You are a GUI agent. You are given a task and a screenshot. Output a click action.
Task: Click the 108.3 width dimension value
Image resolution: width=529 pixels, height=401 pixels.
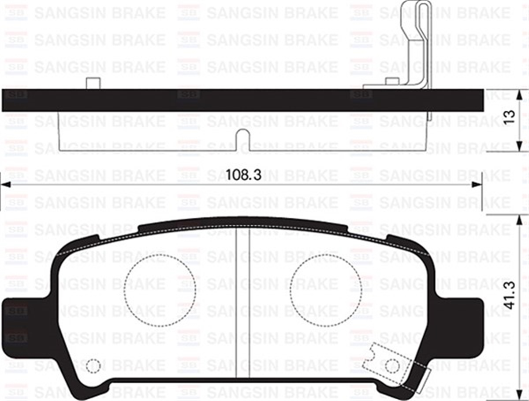pyautogui.click(x=244, y=175)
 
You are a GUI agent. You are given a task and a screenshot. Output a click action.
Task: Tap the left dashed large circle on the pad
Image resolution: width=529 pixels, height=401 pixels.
pyautogui.click(x=160, y=290)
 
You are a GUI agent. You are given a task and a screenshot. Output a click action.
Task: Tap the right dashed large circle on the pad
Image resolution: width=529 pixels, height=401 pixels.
pyautogui.click(x=326, y=290)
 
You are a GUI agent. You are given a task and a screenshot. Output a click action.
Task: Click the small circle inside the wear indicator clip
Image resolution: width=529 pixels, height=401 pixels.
pyautogui.click(x=391, y=366)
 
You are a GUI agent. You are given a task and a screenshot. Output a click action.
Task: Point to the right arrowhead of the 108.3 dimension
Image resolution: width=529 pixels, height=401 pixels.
pyautogui.click(x=477, y=185)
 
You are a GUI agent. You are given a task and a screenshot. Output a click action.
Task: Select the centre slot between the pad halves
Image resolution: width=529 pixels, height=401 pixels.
pyautogui.click(x=242, y=305)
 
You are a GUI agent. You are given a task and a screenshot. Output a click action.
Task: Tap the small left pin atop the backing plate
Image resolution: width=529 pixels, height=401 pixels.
pyautogui.click(x=92, y=83)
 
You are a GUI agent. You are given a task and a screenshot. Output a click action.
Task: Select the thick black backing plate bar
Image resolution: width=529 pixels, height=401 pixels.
pyautogui.click(x=242, y=100)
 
